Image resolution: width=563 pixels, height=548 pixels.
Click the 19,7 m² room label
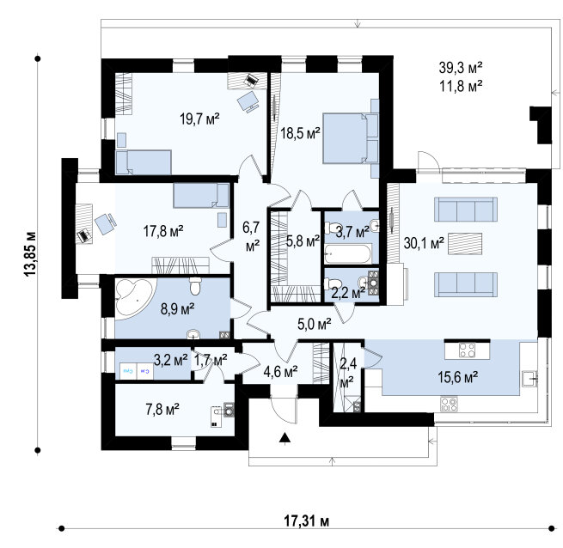tap(199, 119)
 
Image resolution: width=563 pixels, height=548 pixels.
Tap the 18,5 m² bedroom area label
tap(300, 133)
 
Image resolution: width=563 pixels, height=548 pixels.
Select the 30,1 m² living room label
tap(424, 243)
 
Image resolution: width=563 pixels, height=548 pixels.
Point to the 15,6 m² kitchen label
tap(457, 377)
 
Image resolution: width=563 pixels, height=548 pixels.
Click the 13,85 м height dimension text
tap(30, 254)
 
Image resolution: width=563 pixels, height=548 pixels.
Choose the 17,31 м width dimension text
tap(307, 521)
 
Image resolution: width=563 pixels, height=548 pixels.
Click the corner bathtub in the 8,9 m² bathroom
tap(133, 297)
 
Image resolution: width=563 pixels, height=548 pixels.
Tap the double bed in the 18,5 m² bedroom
tap(351, 138)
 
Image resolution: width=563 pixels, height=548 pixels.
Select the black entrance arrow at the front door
tap(285, 439)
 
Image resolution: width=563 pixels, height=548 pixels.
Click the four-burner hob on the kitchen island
tap(467, 350)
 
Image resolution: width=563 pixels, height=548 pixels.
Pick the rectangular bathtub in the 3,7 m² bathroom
tap(348, 254)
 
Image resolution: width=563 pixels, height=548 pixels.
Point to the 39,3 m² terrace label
tap(461, 68)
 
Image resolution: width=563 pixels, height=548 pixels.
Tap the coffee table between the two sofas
tap(465, 244)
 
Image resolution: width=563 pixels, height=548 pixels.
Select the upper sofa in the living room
tap(466, 210)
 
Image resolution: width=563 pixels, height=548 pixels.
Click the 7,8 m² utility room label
tap(162, 409)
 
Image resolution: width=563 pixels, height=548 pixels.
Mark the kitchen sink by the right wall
tap(530, 379)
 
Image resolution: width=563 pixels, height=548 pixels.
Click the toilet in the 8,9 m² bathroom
tap(195, 286)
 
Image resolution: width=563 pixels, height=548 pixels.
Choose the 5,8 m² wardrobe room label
tap(303, 241)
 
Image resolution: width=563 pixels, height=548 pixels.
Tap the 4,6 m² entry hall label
tap(280, 371)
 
